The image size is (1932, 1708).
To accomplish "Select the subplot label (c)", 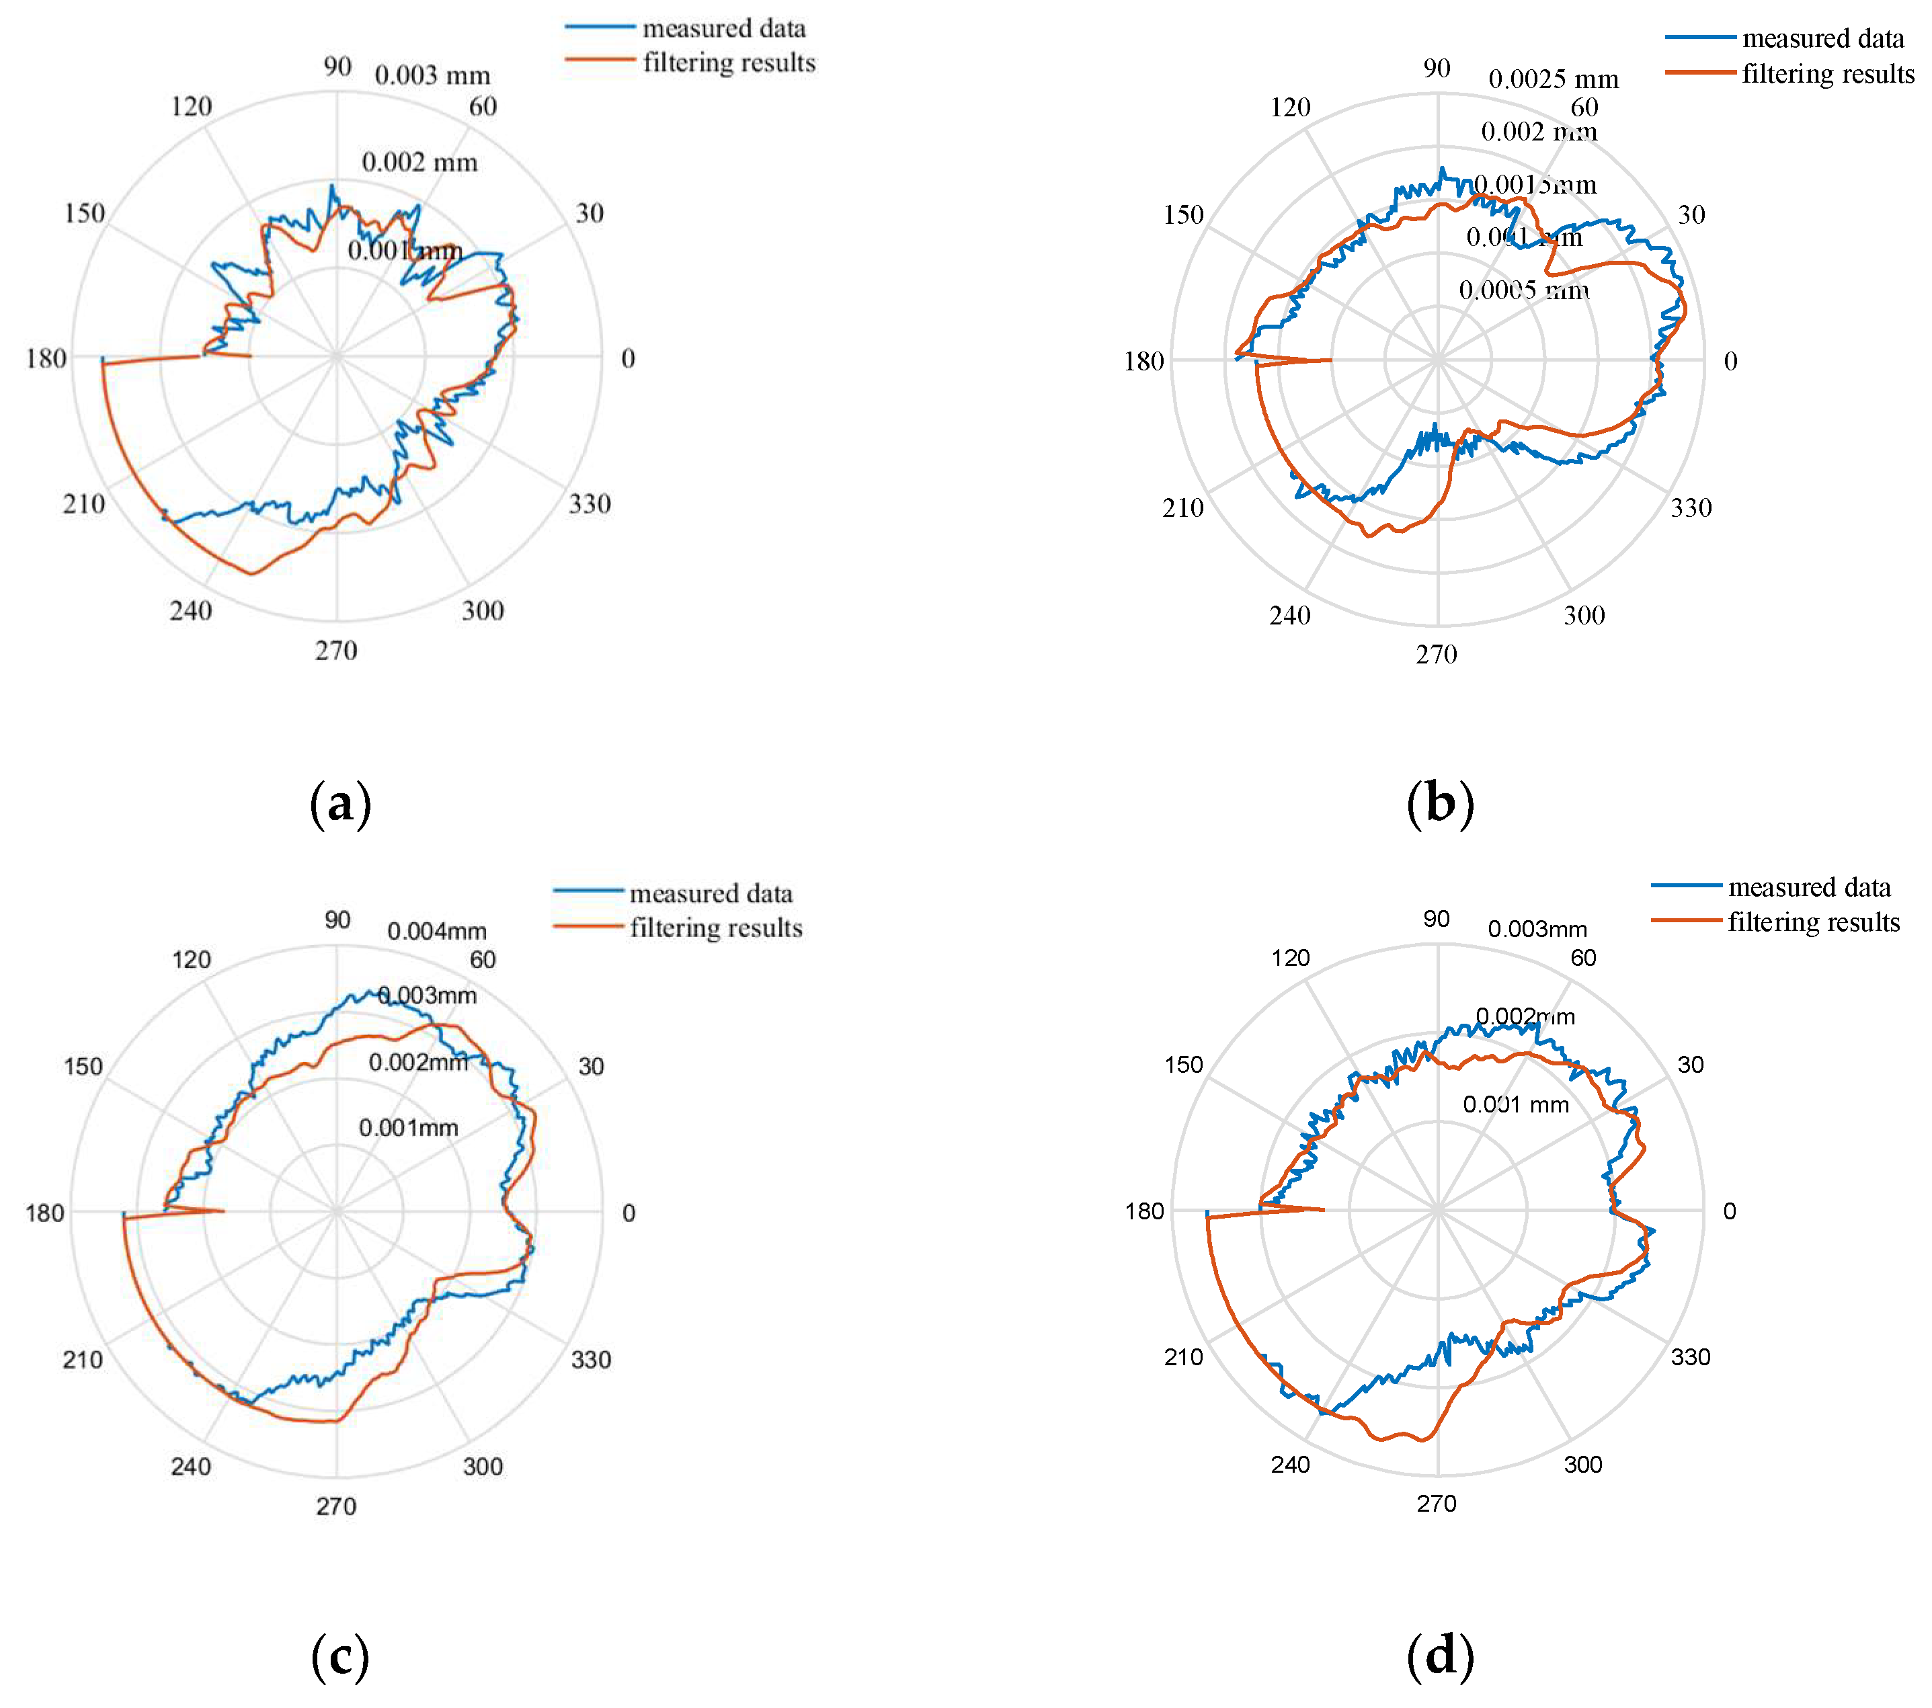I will point(340,1657).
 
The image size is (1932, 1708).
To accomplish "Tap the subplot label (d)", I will point(1439,1657).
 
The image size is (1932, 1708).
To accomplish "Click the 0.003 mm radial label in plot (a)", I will point(432,75).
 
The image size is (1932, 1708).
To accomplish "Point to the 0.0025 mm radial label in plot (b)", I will point(1553,79).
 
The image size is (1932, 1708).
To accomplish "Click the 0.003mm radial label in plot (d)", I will point(1537,929).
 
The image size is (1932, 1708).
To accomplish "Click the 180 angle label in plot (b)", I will point(1143,362).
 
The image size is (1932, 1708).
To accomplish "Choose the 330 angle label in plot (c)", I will point(591,1360).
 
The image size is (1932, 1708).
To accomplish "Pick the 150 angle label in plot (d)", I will point(1183,1065).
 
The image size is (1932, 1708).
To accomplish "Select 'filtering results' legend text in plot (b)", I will point(1828,75).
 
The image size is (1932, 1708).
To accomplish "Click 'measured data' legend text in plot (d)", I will point(1809,887).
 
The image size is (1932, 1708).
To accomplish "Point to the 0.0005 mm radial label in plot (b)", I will point(1524,290).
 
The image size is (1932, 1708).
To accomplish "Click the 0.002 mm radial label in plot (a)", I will point(419,163).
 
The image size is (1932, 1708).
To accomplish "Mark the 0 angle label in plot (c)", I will point(629,1214).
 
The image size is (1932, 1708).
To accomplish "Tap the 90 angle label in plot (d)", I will point(1437,920).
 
